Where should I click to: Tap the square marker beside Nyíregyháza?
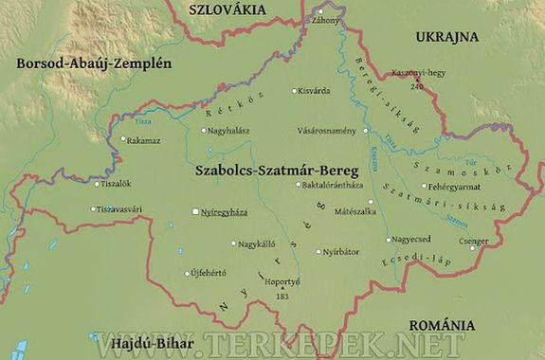(x=195, y=212)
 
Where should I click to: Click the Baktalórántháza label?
(x=333, y=185)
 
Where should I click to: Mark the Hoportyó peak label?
(x=281, y=281)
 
